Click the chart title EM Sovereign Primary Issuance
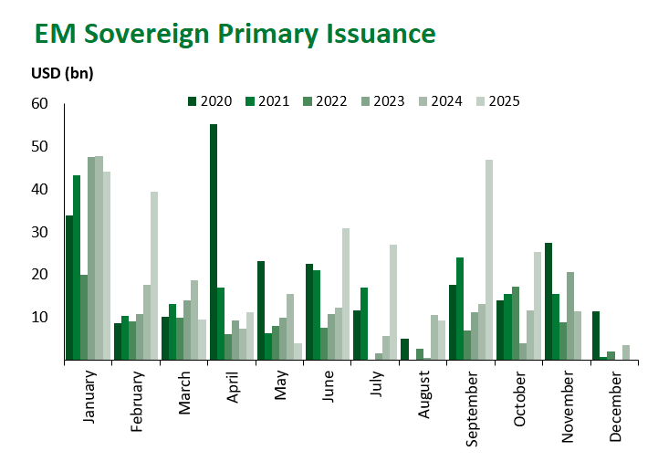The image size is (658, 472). tap(235, 34)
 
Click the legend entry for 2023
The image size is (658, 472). tap(387, 101)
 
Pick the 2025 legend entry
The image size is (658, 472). tap(501, 101)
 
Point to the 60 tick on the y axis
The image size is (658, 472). tap(39, 104)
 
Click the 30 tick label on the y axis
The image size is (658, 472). tap(39, 232)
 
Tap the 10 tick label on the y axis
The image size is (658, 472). tap(39, 318)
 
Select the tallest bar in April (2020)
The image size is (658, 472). tap(214, 242)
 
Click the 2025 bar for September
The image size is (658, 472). tap(489, 260)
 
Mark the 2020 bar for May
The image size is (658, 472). tap(261, 310)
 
